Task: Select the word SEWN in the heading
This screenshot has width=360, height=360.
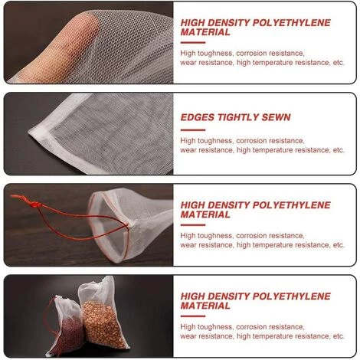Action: tap(276, 117)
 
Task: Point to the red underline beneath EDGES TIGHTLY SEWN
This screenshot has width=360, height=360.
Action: tap(193, 130)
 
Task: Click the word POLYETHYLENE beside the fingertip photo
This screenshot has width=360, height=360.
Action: tap(292, 23)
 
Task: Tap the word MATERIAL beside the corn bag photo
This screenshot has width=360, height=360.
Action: tap(205, 306)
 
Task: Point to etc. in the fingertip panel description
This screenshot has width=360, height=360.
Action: tap(339, 63)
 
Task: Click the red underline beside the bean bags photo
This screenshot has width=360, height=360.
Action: tap(193, 316)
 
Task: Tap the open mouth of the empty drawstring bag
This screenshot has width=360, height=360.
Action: tap(109, 224)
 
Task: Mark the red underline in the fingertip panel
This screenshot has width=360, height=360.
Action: tap(193, 42)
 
